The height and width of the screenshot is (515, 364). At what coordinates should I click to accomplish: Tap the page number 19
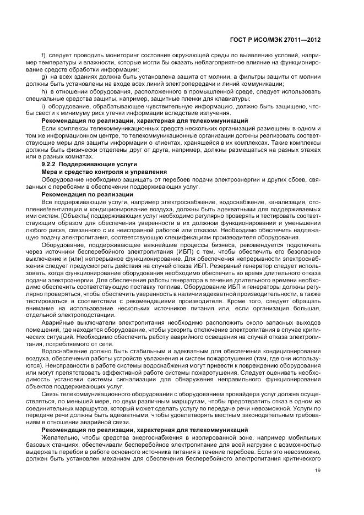pos(318,470)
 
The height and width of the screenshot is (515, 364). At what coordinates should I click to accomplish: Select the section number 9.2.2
pos(51,165)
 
